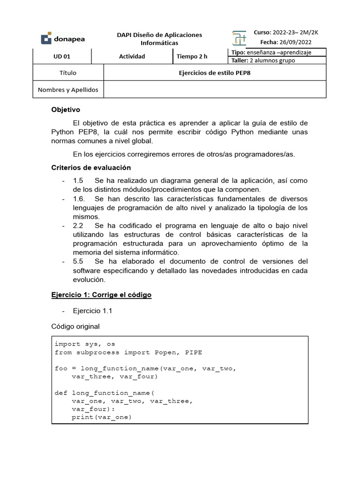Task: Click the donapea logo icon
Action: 46,38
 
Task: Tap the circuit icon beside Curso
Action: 239,38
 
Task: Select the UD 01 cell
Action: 62,56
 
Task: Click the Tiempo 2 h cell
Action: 192,56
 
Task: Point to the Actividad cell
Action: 132,56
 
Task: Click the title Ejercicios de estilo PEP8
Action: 215,73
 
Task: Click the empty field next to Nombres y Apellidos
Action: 215,89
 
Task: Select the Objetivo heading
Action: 66,110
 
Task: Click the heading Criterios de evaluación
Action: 90,167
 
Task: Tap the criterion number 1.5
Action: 78,180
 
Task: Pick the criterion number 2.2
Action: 78,225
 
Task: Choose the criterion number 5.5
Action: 78,261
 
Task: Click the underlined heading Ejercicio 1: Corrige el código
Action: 101,295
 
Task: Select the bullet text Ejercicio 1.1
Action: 92,310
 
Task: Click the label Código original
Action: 75,326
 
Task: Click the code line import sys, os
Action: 84,344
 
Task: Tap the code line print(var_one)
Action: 101,417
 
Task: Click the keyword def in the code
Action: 61,393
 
